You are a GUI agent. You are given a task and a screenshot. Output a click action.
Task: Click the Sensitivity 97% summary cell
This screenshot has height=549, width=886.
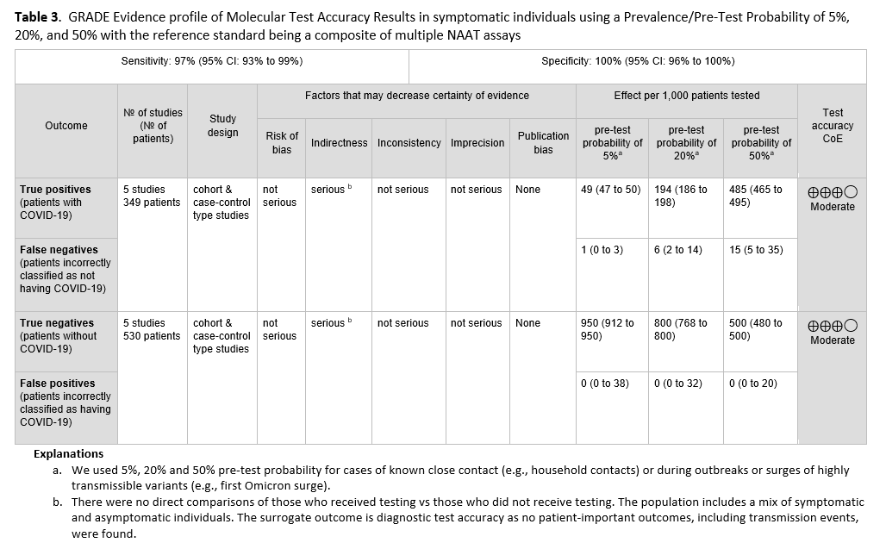(211, 61)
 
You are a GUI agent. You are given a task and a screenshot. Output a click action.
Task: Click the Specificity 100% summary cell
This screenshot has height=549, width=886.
(638, 61)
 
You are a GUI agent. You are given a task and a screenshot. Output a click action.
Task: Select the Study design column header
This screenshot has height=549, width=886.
(223, 126)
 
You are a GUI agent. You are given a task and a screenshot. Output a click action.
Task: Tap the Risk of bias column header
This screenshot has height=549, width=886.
(282, 142)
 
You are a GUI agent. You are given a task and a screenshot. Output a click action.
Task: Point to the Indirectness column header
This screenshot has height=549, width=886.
(339, 143)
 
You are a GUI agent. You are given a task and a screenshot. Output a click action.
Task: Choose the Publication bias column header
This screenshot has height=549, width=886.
(543, 142)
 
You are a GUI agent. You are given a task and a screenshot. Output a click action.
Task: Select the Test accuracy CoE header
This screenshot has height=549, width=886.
(833, 125)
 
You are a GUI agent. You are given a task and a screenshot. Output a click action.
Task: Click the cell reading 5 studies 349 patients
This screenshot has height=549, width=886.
(152, 196)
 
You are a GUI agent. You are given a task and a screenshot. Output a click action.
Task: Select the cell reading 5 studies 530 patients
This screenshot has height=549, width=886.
(152, 329)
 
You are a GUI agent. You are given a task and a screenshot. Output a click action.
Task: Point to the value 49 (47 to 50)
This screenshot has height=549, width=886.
(611, 190)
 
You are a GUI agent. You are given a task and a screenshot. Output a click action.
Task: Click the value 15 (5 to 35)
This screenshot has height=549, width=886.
(756, 250)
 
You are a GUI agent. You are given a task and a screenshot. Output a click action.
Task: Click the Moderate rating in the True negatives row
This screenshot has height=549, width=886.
(833, 340)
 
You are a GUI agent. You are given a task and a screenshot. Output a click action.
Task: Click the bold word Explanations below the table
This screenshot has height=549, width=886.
(68, 453)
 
